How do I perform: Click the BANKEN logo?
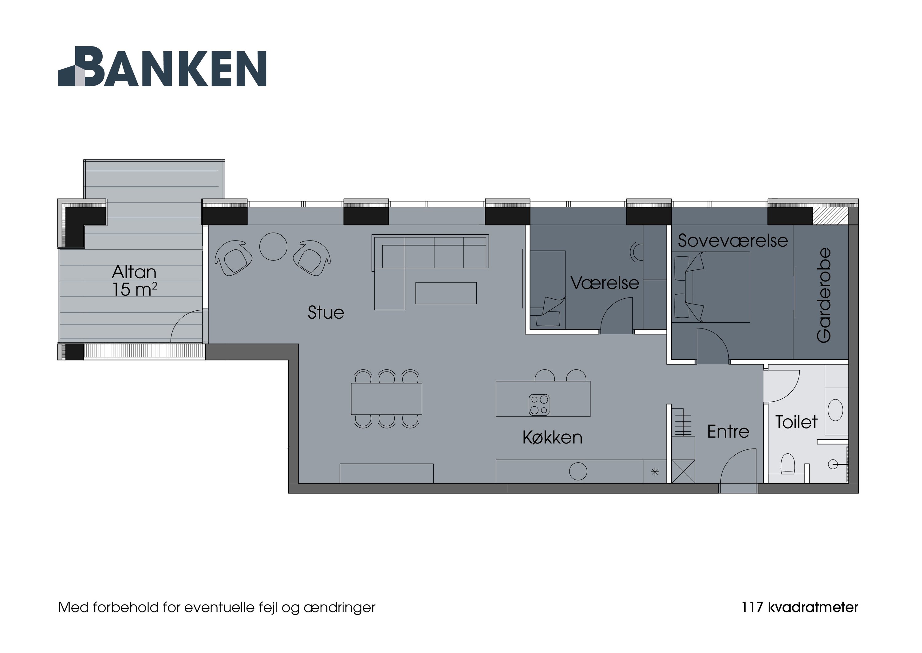click(x=162, y=67)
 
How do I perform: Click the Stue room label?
click(x=325, y=313)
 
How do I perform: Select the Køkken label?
click(x=552, y=437)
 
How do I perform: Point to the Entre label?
click(x=728, y=432)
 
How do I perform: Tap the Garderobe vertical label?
click(x=824, y=295)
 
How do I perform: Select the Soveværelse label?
click(x=732, y=241)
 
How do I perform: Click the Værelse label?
click(x=605, y=283)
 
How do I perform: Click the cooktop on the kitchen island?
click(x=539, y=404)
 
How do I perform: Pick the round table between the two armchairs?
click(x=273, y=246)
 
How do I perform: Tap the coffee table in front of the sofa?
click(x=446, y=293)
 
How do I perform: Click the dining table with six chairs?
click(x=387, y=399)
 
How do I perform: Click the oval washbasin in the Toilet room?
click(x=836, y=410)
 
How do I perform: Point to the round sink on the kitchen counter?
click(x=578, y=471)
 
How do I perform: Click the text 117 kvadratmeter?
click(x=799, y=607)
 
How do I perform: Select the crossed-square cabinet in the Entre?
click(x=683, y=471)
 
